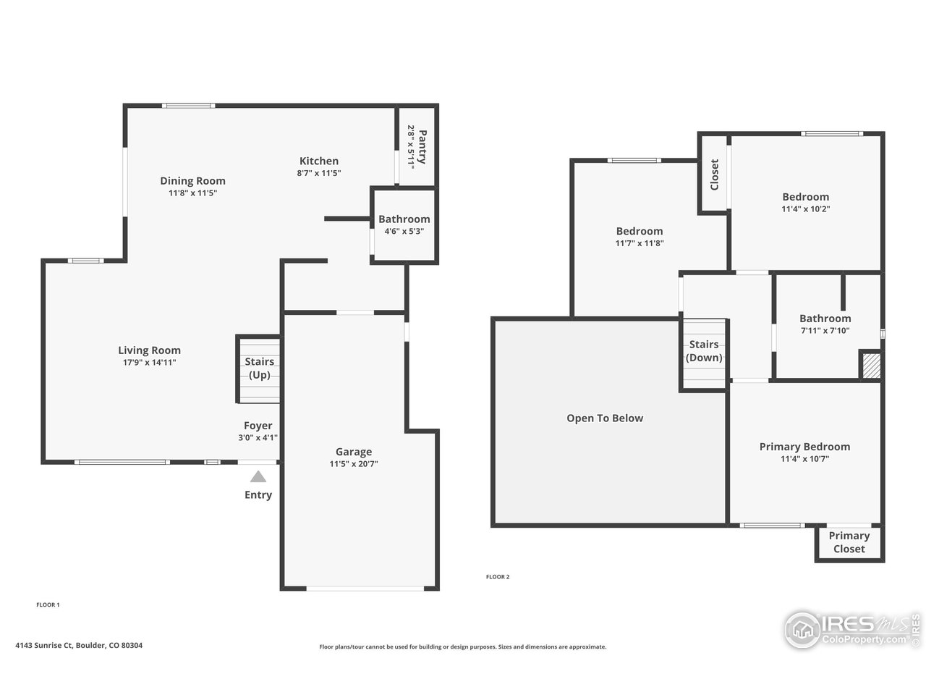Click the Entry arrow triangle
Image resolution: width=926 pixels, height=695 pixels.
258,476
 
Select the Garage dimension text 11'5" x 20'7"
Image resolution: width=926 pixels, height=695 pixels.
353,464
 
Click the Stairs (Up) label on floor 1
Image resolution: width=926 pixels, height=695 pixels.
259,368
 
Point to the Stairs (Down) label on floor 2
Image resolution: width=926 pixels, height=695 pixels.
704,351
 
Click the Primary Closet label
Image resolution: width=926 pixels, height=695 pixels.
849,542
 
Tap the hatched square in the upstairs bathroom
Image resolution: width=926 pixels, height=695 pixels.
871,365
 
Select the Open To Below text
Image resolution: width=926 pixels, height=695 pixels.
605,418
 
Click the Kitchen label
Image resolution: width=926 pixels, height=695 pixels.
319,161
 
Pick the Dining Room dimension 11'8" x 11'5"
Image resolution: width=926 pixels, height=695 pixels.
192,193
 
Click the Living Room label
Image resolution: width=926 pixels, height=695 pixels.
150,350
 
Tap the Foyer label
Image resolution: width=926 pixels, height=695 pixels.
258,426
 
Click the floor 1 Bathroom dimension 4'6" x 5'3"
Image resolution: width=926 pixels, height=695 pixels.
404,232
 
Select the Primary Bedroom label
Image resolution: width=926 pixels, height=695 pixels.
804,447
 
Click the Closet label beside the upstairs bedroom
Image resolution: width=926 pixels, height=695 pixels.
715,174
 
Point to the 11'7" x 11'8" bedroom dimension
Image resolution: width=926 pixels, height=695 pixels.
640,243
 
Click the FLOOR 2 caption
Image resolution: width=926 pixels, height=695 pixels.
498,577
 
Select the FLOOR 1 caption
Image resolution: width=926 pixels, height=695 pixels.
48,605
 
